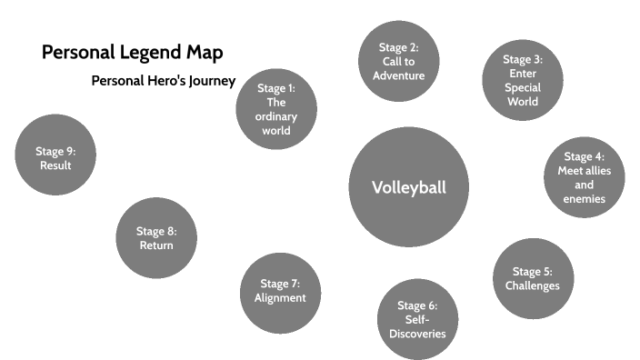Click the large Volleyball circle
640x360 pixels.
(408, 187)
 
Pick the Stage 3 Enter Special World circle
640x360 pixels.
(523, 80)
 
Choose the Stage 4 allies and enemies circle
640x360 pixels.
(584, 178)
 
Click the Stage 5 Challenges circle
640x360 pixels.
(533, 278)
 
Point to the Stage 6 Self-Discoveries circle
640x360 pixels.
(418, 319)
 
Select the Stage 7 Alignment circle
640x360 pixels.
(280, 291)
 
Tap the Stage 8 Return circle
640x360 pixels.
(156, 238)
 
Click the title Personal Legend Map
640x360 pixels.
(132, 52)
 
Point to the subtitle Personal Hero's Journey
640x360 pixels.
(164, 81)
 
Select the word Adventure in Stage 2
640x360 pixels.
(398, 75)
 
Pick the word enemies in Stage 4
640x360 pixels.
(584, 199)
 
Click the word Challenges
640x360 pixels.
(533, 285)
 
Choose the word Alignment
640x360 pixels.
(280, 298)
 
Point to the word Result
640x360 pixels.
(55, 165)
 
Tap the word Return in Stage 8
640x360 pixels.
(156, 245)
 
